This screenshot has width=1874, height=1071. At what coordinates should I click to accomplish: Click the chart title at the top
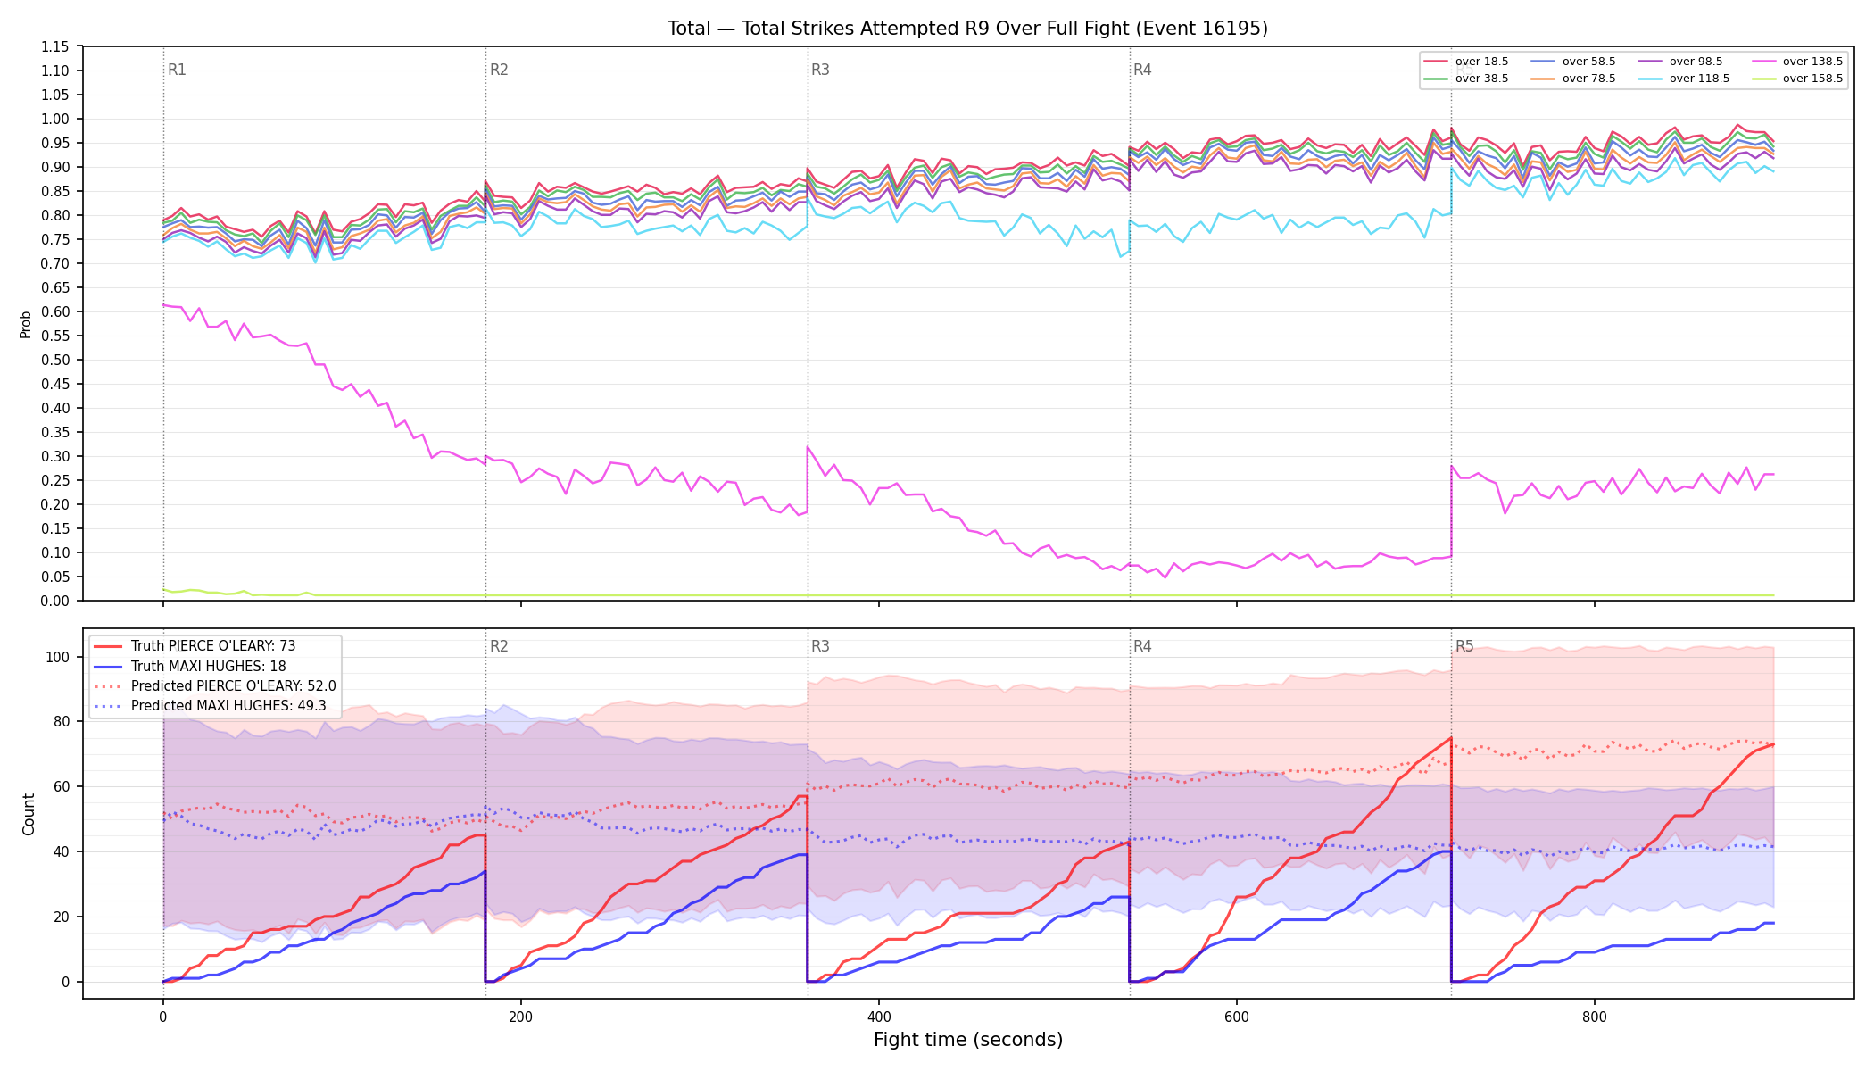point(967,29)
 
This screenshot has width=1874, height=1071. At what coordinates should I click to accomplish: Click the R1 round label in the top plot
point(177,70)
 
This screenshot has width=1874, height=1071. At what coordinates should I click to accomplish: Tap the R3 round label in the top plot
point(820,70)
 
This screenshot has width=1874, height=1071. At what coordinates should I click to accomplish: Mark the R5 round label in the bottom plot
point(1464,646)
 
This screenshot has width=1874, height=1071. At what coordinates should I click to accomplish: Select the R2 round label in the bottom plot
point(499,646)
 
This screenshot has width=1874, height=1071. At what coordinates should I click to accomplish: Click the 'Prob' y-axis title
point(26,324)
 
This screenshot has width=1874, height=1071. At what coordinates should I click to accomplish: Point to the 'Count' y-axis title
point(29,814)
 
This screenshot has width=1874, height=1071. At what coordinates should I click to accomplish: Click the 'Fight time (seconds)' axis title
point(968,1040)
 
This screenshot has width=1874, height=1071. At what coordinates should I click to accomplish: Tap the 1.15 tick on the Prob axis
point(55,46)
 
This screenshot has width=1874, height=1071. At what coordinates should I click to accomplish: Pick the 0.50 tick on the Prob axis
point(55,360)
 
